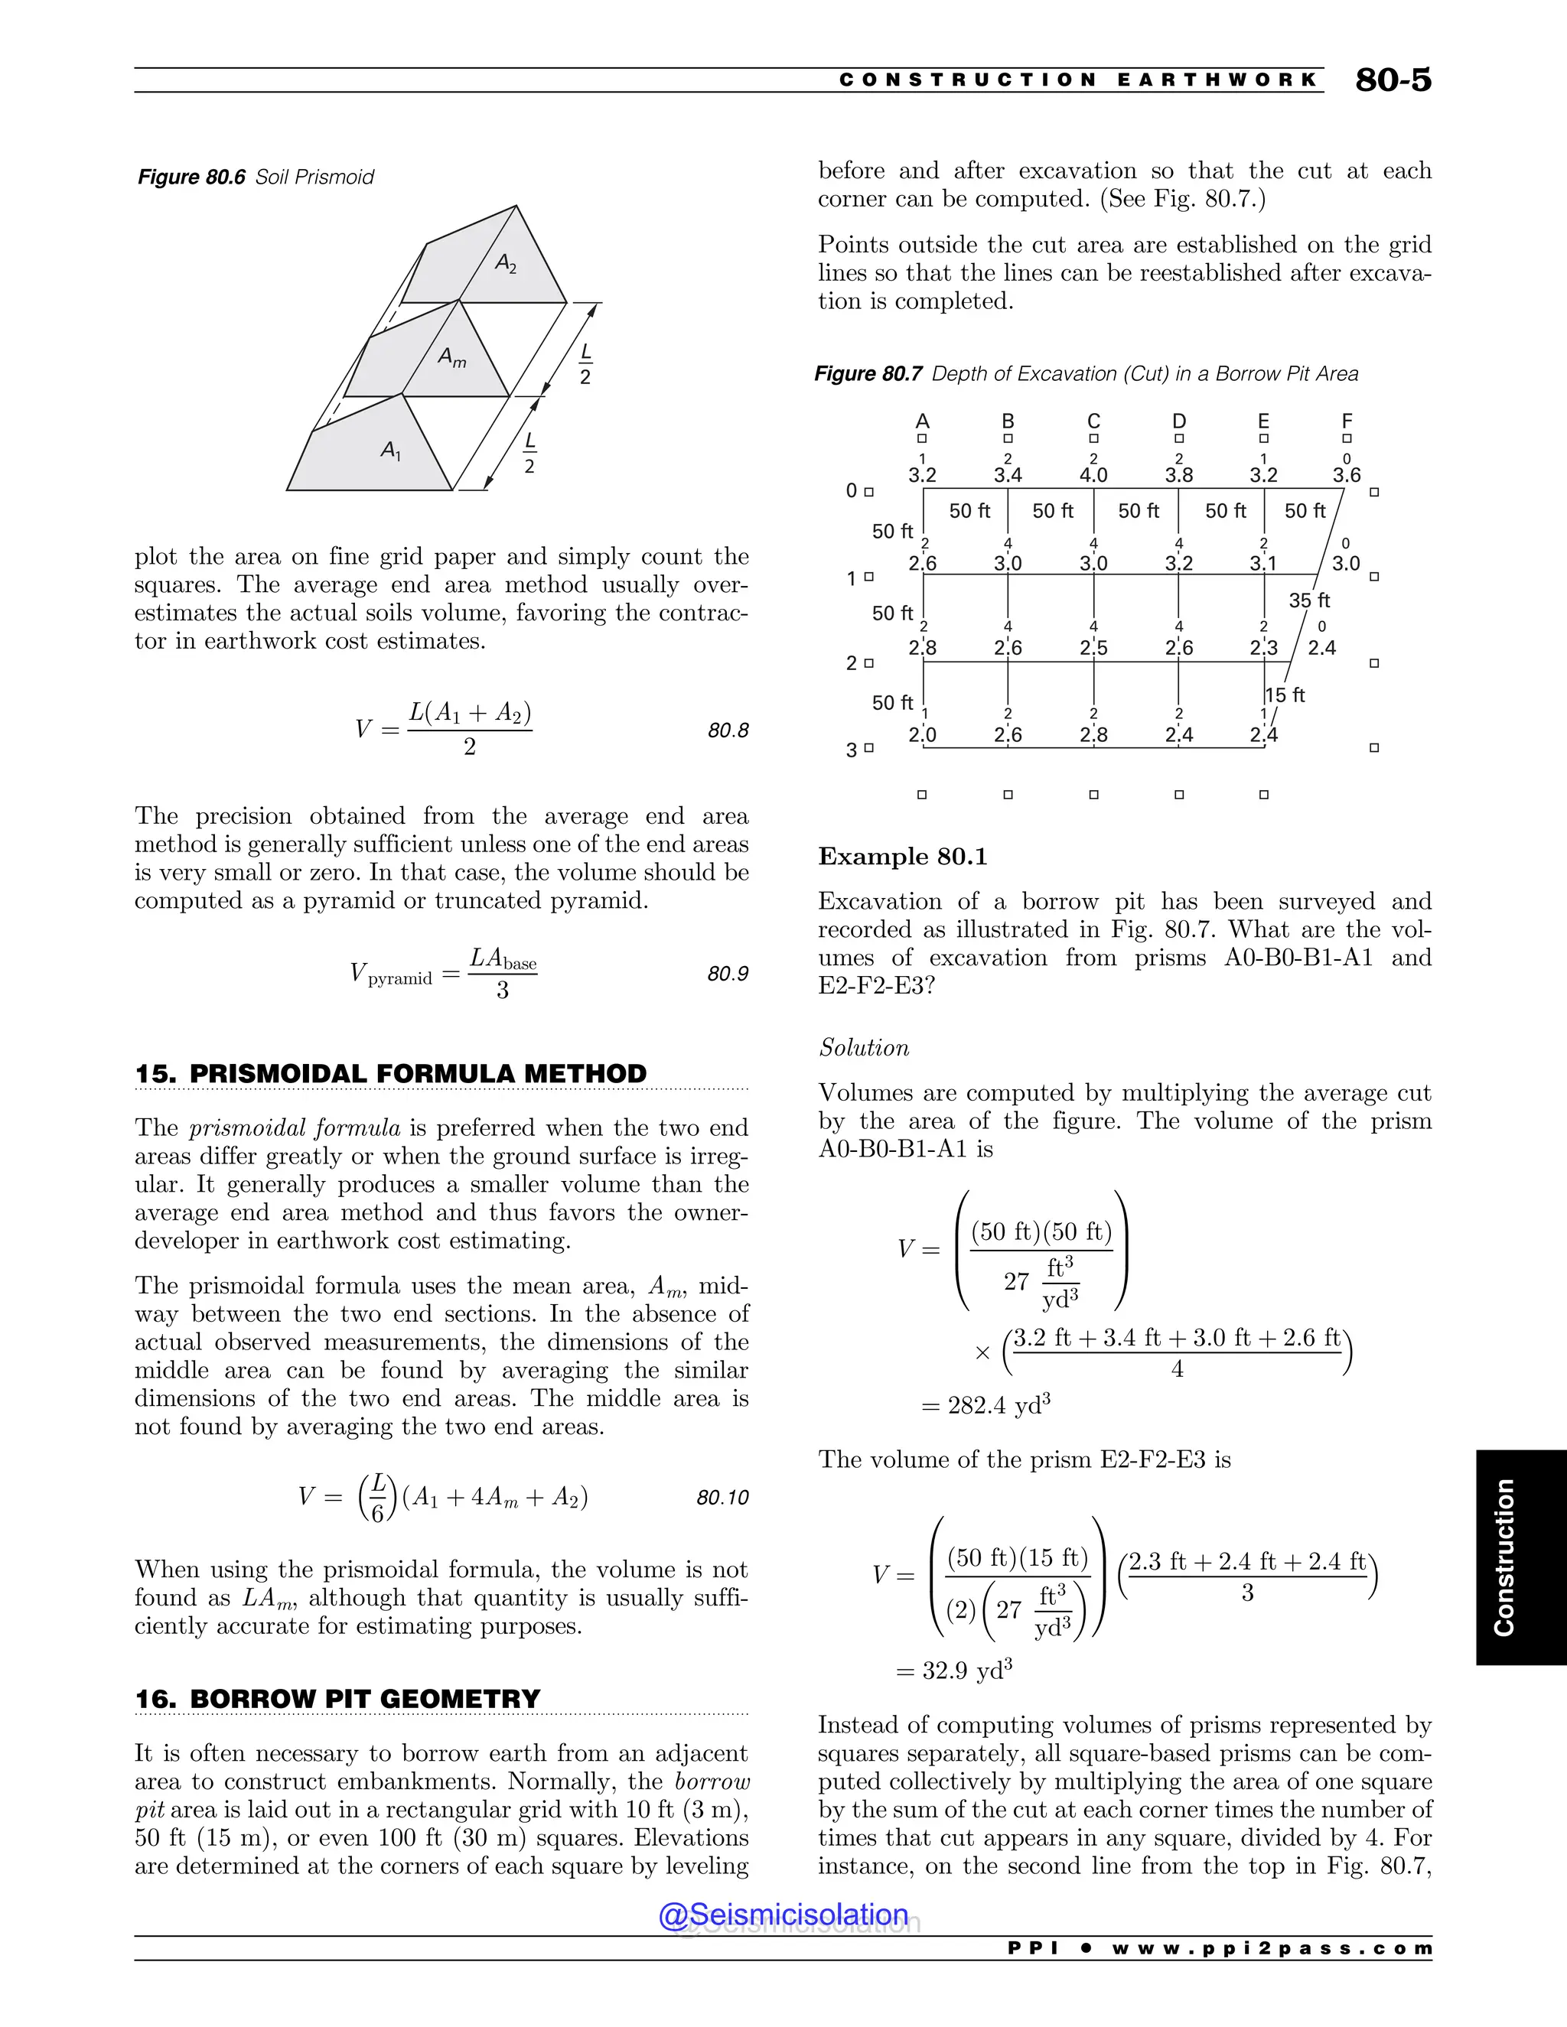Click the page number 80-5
click(x=1393, y=80)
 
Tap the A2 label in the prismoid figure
click(x=505, y=264)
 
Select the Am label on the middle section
click(x=451, y=357)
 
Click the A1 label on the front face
click(x=391, y=451)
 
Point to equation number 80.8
click(x=728, y=730)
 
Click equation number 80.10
click(x=722, y=1497)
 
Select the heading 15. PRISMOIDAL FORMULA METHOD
click(x=391, y=1074)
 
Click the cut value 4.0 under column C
click(x=1093, y=475)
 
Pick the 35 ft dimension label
click(x=1309, y=600)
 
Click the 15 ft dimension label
click(x=1285, y=695)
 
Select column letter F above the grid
click(x=1347, y=421)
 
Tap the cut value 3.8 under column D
click(x=1179, y=475)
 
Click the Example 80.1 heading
click(x=902, y=857)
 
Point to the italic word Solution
click(x=863, y=1048)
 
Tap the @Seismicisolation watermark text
click(x=783, y=1915)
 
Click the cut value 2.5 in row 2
click(x=1093, y=648)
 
